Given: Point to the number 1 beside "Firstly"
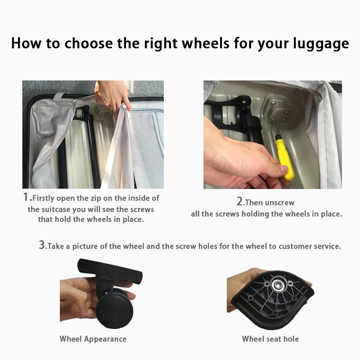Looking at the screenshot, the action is (26, 197).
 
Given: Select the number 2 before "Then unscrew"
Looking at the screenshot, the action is (240, 201).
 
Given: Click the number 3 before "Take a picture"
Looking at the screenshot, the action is (42, 245).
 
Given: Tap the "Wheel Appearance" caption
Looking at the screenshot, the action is (93, 339).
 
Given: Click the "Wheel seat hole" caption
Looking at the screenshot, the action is (270, 339).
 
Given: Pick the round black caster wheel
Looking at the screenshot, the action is (115, 310).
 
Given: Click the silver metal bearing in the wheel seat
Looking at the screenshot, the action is (278, 285).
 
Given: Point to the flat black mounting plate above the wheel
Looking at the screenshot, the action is (110, 271).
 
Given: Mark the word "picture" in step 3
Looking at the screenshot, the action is (85, 247).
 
